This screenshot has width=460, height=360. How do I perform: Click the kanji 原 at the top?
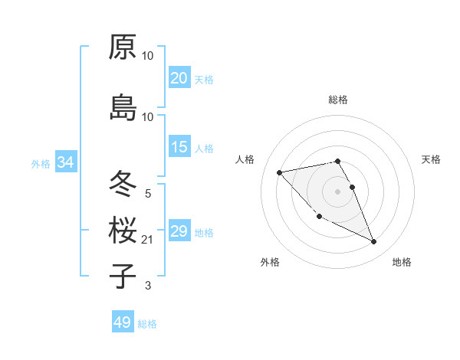tap(123, 47)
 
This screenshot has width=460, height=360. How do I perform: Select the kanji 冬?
tap(123, 184)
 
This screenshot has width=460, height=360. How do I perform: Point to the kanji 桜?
tap(123, 230)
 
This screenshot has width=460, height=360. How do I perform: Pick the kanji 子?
tap(123, 276)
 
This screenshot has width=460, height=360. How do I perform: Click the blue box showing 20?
tap(179, 78)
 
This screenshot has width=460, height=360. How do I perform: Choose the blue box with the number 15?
tap(179, 147)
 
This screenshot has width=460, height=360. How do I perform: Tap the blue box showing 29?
tap(179, 231)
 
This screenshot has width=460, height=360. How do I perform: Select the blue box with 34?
tap(65, 162)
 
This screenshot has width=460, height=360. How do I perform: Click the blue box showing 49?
tap(122, 322)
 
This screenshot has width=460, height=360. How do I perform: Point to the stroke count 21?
tap(148, 240)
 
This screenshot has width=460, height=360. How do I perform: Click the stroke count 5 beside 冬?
tap(148, 193)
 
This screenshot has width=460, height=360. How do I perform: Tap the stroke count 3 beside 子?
tap(148, 286)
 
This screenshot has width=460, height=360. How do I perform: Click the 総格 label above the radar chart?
tap(338, 100)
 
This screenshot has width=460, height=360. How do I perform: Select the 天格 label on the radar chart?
tap(431, 159)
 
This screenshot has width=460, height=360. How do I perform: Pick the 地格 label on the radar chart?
tap(402, 262)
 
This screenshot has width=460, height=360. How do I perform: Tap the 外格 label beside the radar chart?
tap(270, 262)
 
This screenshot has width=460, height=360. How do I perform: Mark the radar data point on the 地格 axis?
tap(374, 242)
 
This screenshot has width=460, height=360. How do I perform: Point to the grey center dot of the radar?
tap(338, 191)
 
